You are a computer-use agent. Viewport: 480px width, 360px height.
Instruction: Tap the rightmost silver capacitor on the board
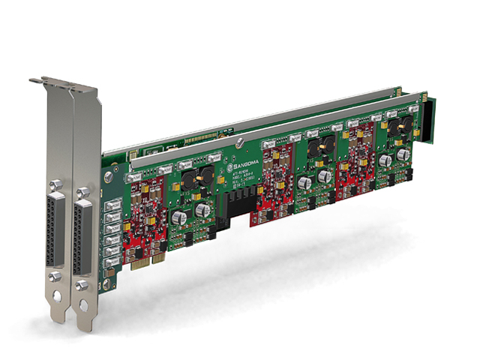pyautogui.click(x=385, y=160)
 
